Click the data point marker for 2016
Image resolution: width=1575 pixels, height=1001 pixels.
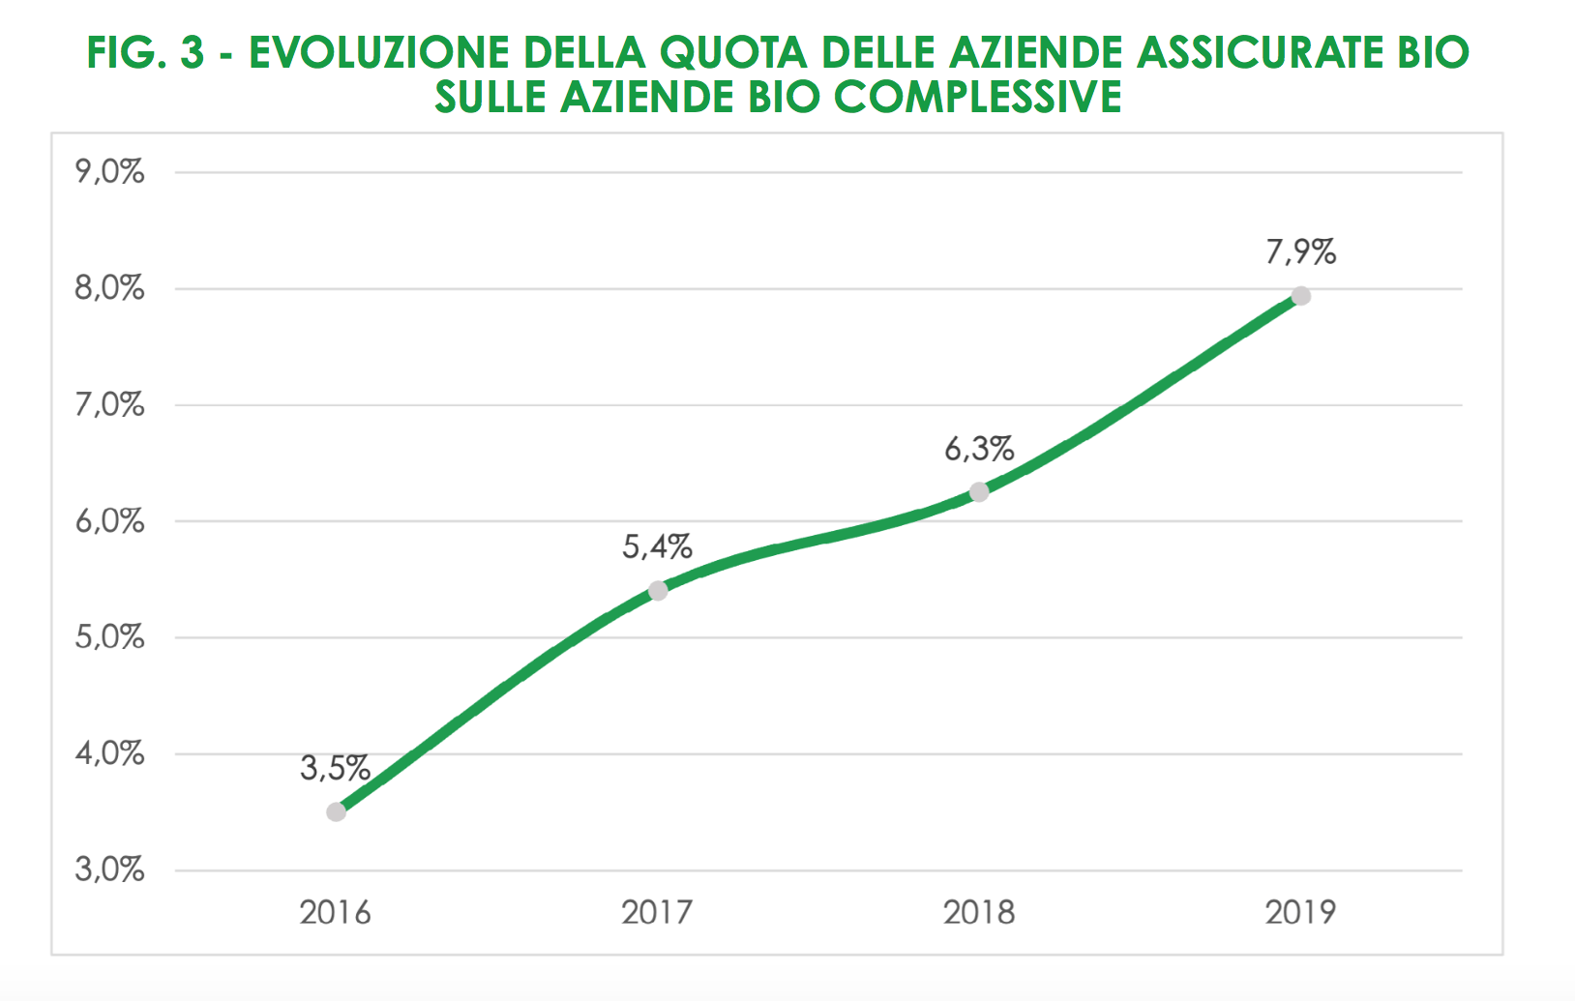coord(336,811)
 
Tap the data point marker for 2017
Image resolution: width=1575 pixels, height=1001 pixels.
coord(658,590)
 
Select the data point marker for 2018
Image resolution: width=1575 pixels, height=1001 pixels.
coord(979,492)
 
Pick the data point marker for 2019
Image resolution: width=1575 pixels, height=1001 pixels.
coord(1301,296)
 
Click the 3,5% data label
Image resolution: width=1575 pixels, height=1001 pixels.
coord(335,769)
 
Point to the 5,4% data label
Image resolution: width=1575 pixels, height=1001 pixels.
coord(657,547)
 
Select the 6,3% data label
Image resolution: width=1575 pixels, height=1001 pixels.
coord(979,450)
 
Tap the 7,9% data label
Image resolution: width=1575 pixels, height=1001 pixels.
coord(1301,252)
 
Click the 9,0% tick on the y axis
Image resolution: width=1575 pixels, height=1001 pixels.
coord(109,172)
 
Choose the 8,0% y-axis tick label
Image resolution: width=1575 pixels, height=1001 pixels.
coord(109,288)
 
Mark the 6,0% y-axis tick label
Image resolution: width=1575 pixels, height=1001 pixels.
coord(109,521)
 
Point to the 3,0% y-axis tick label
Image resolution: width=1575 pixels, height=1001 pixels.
coord(109,869)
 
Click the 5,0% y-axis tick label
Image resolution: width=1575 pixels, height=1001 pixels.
coord(109,637)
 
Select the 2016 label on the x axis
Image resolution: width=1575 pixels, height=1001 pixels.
coord(335,912)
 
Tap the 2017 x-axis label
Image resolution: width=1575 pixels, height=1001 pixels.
coord(657,912)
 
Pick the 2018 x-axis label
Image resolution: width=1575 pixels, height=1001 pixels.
coord(979,912)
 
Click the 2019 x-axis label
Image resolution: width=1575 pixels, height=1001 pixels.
coord(1301,912)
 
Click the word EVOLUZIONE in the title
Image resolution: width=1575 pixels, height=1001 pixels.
coord(378,53)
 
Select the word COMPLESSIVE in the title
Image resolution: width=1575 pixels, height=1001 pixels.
coord(977,97)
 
